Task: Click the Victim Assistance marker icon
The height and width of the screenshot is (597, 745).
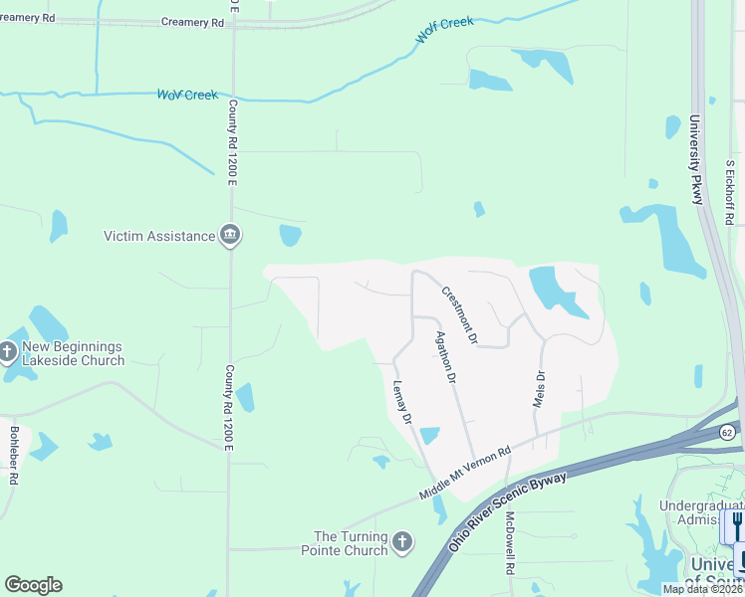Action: (230, 236)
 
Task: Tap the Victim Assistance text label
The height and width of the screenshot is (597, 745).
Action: (159, 236)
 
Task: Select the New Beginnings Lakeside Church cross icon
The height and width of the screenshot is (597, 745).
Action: (8, 350)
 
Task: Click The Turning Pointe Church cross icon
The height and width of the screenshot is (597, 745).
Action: (401, 541)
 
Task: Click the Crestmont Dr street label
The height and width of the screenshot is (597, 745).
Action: (460, 315)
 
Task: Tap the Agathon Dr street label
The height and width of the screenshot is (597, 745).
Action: (444, 357)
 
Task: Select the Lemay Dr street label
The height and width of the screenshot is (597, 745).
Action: (402, 403)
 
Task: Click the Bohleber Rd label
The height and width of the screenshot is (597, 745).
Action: (15, 457)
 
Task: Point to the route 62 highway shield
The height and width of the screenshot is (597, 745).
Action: (726, 432)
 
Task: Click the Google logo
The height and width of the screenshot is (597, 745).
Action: (33, 585)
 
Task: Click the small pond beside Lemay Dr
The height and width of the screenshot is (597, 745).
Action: (429, 436)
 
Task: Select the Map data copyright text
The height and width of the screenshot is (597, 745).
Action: (702, 589)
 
